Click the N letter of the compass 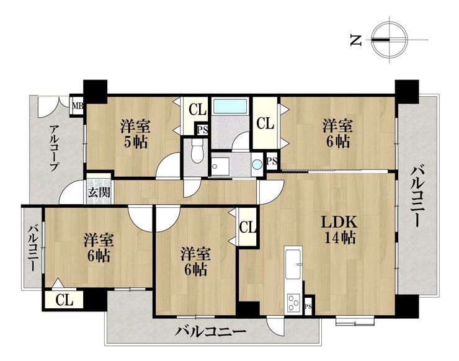point(355,40)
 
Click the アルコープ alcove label point(54,148)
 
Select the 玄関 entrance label point(99,193)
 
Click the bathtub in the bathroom point(230,106)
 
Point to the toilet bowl point(197,151)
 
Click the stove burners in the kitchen point(293,302)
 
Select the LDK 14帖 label point(339,230)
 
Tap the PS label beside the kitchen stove point(308,306)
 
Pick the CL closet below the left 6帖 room point(64,300)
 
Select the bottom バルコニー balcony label point(211,332)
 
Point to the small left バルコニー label point(33,247)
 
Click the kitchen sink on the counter point(293,264)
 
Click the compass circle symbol point(390,40)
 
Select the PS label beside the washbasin point(272,161)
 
